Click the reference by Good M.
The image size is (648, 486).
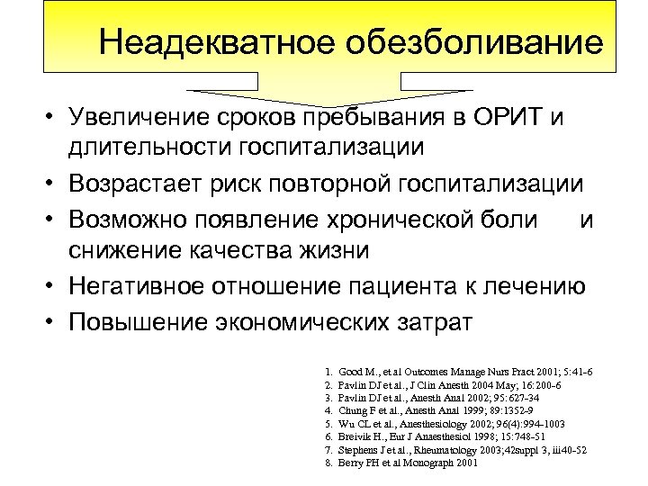point(459,371)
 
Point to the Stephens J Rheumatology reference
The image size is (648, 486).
point(459,449)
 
